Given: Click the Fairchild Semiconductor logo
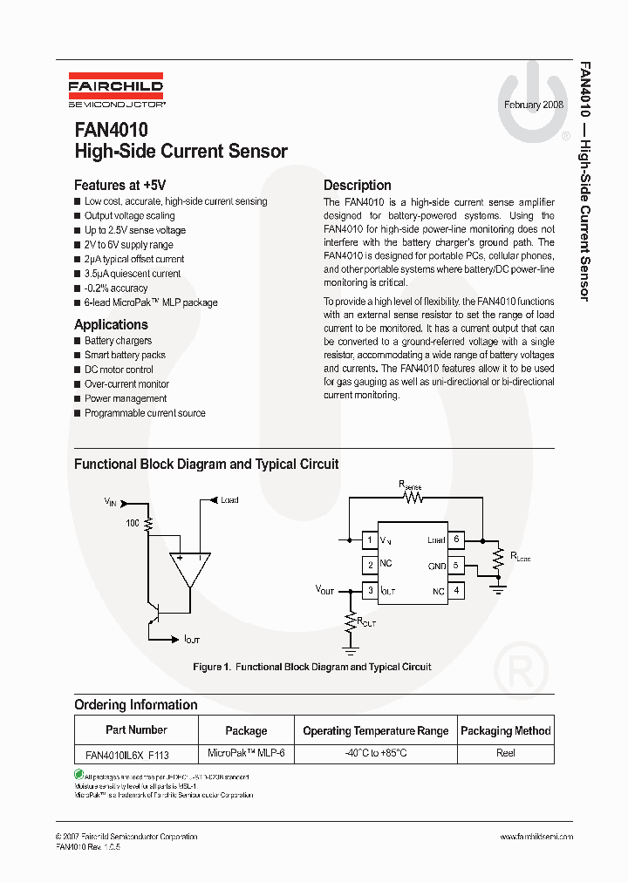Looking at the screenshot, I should [x=116, y=92].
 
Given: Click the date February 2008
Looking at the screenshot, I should [x=534, y=105].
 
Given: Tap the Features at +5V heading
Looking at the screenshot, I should [x=119, y=185].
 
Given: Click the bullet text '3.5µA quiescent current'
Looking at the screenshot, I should [x=133, y=274].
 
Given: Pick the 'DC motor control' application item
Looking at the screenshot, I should [x=119, y=370].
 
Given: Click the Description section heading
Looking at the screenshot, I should [x=357, y=185].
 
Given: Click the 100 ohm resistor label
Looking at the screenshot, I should [x=133, y=523].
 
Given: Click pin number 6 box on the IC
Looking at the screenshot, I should [x=456, y=539].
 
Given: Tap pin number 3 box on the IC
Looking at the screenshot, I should [x=370, y=591].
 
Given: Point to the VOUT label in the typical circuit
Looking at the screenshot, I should [x=324, y=590].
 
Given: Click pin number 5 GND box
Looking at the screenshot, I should [x=456, y=566].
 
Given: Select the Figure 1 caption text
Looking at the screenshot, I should [x=312, y=667].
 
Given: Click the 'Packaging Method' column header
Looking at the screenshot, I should [x=505, y=730].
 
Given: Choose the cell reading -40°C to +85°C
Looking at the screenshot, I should [x=375, y=753].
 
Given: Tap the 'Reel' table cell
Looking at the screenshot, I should [x=505, y=753].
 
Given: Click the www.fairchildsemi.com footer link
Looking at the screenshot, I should [x=536, y=837].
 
